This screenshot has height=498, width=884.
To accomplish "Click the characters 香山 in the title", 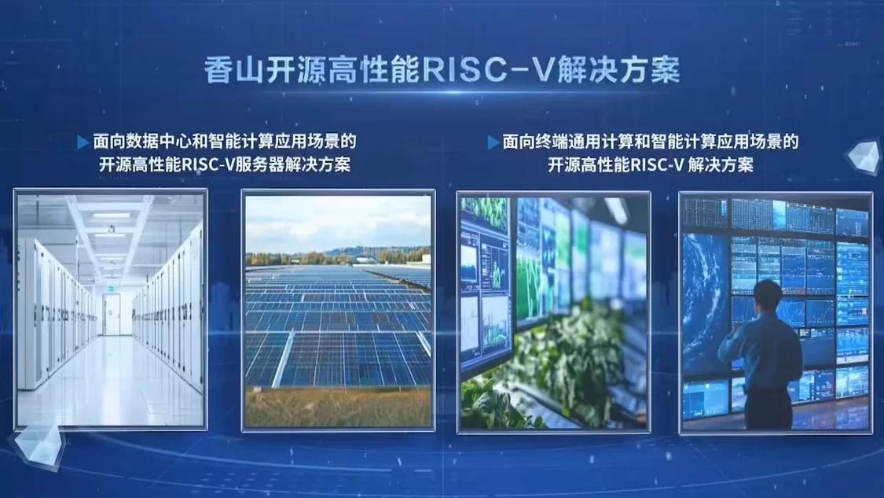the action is (x=233, y=70).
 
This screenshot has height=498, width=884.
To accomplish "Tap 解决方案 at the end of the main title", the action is (x=618, y=70).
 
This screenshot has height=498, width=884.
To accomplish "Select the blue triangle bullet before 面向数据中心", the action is (x=83, y=142).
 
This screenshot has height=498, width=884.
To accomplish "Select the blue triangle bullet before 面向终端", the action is (x=493, y=142).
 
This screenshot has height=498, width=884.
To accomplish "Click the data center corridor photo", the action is (x=111, y=309).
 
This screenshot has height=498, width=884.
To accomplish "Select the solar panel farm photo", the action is (x=338, y=311).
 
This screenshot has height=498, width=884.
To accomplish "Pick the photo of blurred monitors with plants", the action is (x=553, y=312).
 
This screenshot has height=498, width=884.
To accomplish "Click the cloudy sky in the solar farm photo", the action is (x=338, y=223).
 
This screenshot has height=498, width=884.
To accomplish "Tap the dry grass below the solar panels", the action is (x=338, y=407).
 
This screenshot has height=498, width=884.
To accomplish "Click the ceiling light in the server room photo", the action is (x=111, y=216).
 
